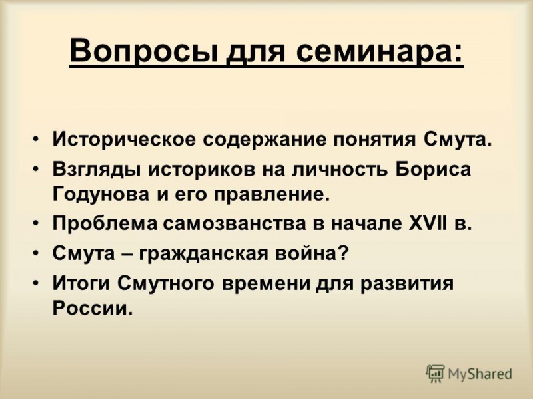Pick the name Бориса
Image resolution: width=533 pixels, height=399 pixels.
click(434, 169)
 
